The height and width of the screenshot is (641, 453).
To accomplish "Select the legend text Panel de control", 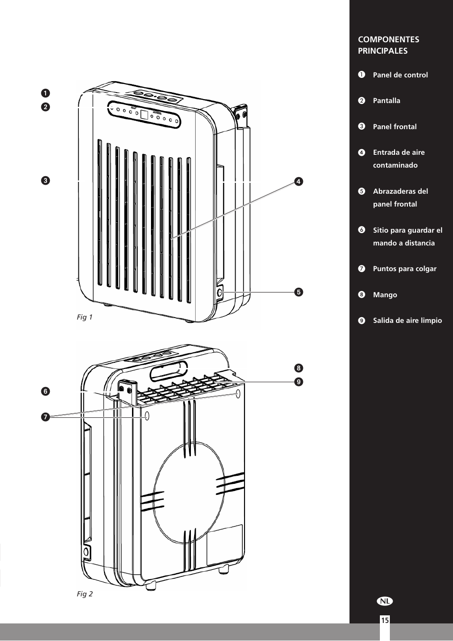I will point(400,75).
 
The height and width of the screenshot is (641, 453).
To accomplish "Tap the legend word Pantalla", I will point(386,101).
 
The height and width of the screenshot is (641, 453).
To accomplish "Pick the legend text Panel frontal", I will point(395,127).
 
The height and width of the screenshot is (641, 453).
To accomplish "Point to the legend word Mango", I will point(385,295).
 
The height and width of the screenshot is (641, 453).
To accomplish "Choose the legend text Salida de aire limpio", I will point(407,320).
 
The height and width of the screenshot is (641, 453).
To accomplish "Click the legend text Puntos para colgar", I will point(404,269).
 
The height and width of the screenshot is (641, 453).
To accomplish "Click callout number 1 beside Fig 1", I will point(45,93).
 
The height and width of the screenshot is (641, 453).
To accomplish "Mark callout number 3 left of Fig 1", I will point(45,180).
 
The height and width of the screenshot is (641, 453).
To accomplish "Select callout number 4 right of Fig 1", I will point(298,181).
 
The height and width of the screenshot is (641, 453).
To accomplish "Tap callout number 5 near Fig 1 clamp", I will point(298,292).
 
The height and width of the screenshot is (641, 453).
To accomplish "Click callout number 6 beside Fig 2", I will point(45,391).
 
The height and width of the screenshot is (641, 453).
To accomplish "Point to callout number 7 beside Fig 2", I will point(45,417).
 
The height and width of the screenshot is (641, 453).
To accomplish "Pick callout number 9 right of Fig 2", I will point(298,381).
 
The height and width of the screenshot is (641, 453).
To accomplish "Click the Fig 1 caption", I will point(85,317).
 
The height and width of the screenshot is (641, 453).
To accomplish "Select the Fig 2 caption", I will point(85,594).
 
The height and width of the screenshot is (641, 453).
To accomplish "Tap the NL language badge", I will point(386,601).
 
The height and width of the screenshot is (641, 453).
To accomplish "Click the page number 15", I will point(384,620).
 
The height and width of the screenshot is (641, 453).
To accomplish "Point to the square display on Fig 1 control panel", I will point(144,114).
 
